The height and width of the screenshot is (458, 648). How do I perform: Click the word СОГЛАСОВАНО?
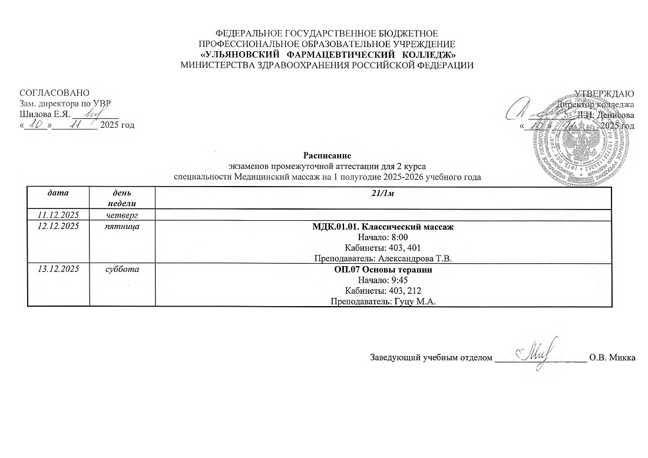[x=55, y=94]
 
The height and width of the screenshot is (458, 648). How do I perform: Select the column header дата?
[x=58, y=193]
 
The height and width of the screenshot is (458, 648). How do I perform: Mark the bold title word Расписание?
[x=328, y=156]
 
